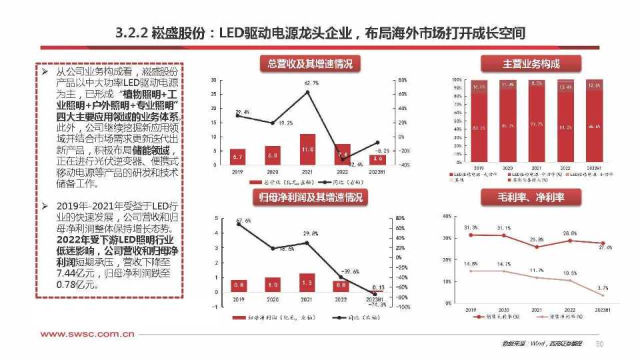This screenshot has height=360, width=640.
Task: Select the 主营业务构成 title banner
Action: point(531,64)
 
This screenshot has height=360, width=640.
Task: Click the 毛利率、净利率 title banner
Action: point(531,197)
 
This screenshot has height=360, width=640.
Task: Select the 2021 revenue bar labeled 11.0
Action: point(307,149)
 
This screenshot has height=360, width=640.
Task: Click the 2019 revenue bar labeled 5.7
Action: point(238,157)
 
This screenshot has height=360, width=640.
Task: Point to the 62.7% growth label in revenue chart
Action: point(311,83)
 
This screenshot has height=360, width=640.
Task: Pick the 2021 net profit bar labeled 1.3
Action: point(307,283)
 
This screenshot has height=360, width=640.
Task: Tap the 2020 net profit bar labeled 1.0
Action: point(273,285)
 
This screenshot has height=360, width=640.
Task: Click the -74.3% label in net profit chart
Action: point(377,304)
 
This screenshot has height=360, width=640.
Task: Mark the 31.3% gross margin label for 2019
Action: point(471,227)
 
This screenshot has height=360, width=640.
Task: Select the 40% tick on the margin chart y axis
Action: point(447,216)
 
